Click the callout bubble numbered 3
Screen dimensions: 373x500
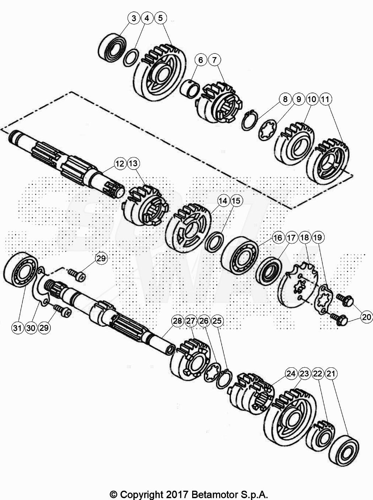[134, 18]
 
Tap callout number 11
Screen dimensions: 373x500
[325, 99]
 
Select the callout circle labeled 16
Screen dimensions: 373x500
[278, 238]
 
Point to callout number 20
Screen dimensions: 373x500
[366, 317]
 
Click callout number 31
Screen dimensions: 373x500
[17, 328]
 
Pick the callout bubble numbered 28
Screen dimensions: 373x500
[177, 321]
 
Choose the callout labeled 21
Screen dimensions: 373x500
[331, 374]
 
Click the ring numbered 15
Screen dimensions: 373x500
[214, 242]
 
